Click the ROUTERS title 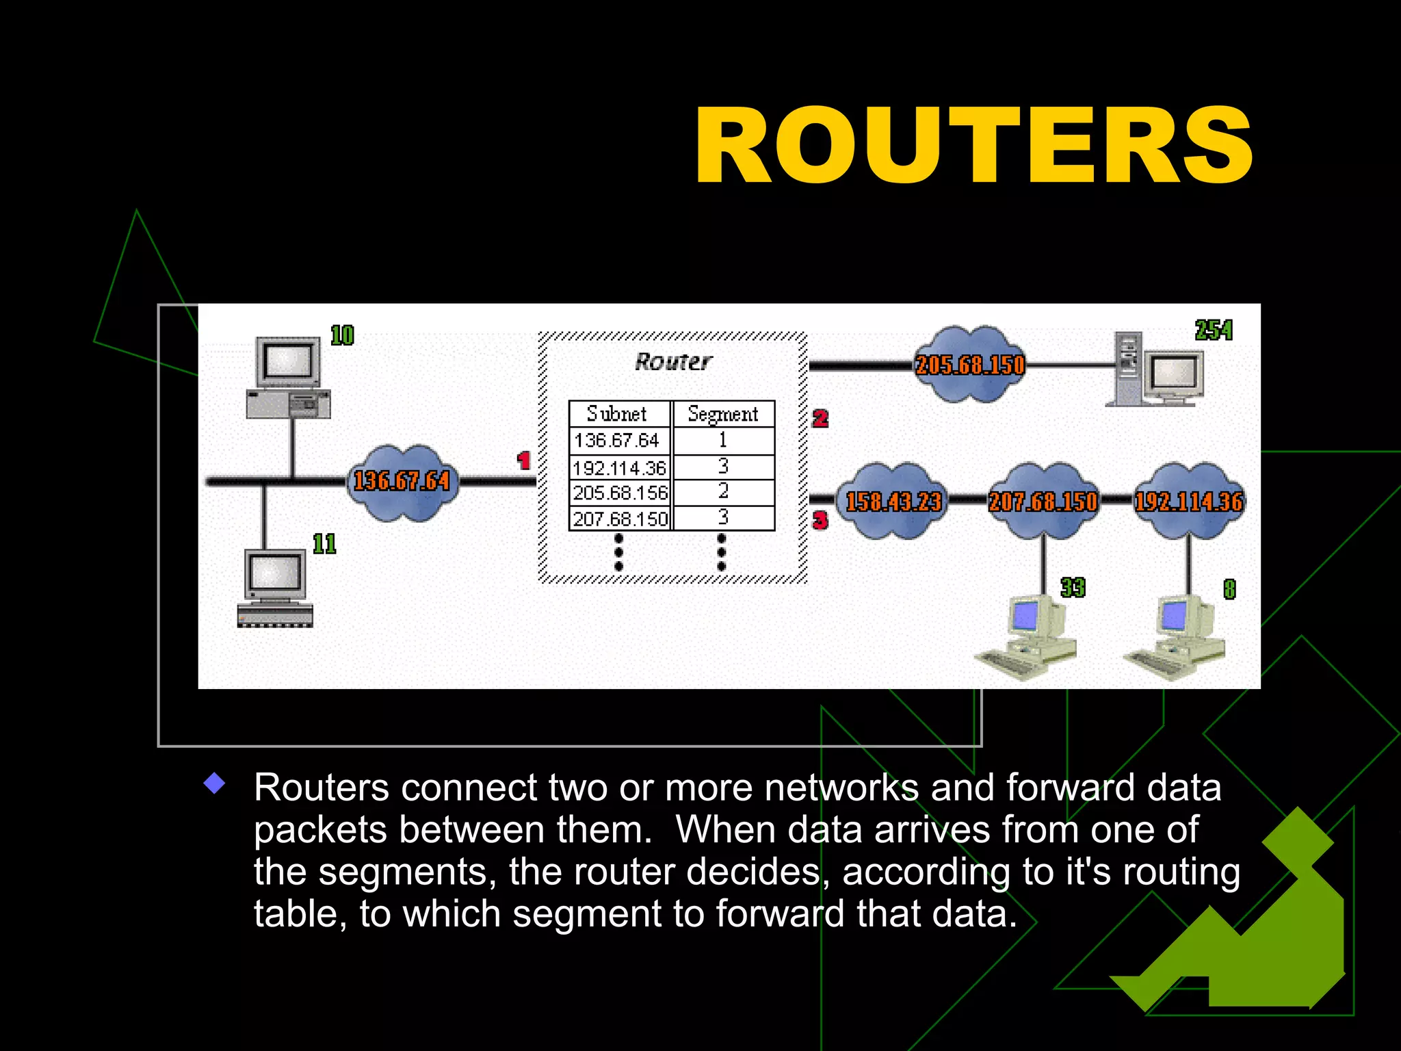[973, 146]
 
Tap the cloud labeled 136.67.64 [402, 482]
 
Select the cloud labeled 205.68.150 [969, 365]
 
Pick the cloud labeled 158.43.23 [893, 502]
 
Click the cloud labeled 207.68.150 [1043, 502]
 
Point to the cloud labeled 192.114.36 [1189, 502]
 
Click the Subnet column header [618, 414]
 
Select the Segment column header [723, 414]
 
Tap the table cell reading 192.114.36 [620, 468]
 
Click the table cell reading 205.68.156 [620, 493]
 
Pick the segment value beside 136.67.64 [723, 441]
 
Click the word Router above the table [673, 361]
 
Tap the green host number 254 [1214, 330]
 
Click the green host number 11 [324, 544]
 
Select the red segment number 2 [820, 418]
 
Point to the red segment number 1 [524, 460]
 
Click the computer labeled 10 [289, 378]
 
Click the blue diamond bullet [215, 783]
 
